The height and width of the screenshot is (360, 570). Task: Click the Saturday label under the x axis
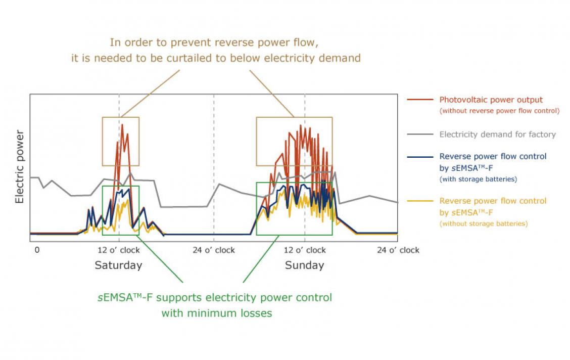pyautogui.click(x=118, y=265)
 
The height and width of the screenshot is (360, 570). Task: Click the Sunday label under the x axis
pyautogui.click(x=304, y=265)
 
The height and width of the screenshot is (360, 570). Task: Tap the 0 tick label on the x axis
pyautogui.click(x=36, y=250)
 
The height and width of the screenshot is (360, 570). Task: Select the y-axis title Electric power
pyautogui.click(x=20, y=167)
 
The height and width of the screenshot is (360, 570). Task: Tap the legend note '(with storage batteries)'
pyautogui.click(x=478, y=179)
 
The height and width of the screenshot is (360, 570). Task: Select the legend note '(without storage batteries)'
pyautogui.click(x=484, y=223)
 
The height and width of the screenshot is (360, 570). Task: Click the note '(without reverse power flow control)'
pyautogui.click(x=499, y=111)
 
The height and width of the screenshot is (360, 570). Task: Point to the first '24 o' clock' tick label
pyautogui.click(x=214, y=250)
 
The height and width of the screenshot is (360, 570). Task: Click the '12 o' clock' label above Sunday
pyautogui.click(x=305, y=250)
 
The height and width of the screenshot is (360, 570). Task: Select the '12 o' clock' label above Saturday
pyautogui.click(x=118, y=250)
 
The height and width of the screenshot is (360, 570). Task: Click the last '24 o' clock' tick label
pyautogui.click(x=398, y=250)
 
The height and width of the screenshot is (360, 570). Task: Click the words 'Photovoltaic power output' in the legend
pyautogui.click(x=491, y=100)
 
